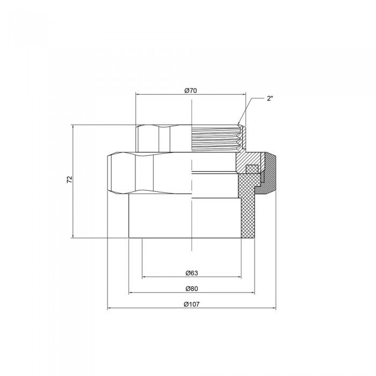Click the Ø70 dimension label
point(191,91)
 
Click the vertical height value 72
point(69,180)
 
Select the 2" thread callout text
point(270,99)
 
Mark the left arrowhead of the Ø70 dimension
point(138,96)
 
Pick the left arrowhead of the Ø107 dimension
point(110,309)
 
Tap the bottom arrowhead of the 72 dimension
point(73,236)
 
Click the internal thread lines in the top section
point(215,137)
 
